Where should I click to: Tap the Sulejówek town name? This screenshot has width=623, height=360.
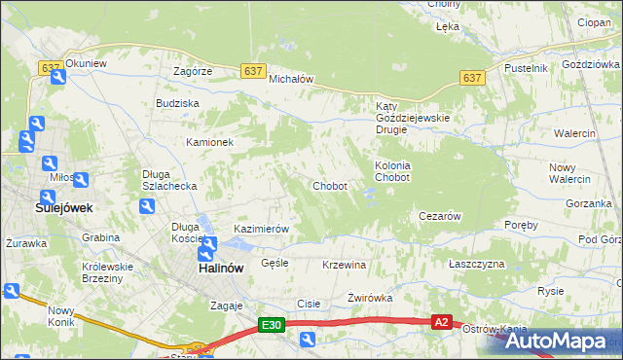tap(36, 207)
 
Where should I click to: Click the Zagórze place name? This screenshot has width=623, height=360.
tap(193, 71)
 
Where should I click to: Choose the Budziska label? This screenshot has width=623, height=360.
tap(177, 102)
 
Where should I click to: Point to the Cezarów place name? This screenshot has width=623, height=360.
tap(438, 216)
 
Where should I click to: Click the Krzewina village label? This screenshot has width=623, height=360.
tap(344, 265)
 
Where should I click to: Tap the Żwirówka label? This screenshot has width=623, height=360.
tap(369, 298)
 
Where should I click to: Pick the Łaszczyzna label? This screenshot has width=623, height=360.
tap(476, 264)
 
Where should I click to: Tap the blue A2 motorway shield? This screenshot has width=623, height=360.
tap(442, 322)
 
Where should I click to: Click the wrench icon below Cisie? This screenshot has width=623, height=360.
tap(307, 340)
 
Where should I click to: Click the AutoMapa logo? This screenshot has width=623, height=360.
tap(558, 341)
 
